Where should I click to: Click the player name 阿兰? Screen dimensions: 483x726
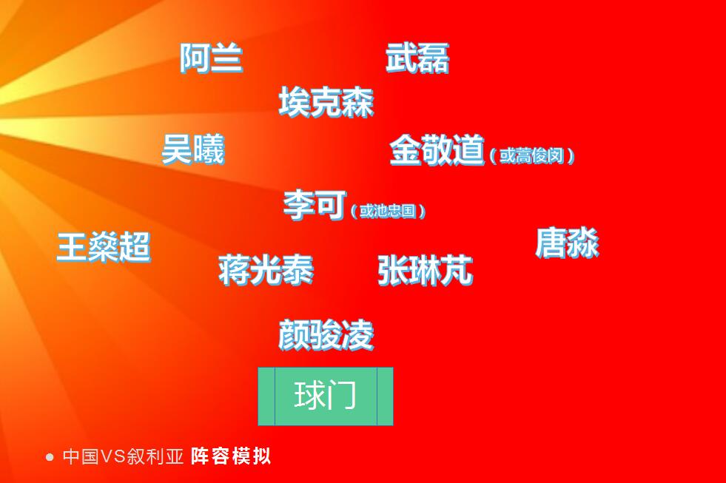tap(211, 58)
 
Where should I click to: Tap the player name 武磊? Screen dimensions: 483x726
tap(417, 58)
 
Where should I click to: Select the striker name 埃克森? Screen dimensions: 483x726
tap(326, 102)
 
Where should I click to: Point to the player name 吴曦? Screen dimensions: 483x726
tap(192, 149)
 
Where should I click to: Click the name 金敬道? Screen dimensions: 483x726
tap(437, 150)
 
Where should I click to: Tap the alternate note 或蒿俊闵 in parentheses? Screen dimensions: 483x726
tap(532, 155)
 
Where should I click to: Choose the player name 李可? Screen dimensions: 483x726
tap(314, 204)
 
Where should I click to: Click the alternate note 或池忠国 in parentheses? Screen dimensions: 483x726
tap(388, 211)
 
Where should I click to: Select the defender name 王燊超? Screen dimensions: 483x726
tap(104, 246)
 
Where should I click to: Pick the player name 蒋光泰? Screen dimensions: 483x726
tap(266, 270)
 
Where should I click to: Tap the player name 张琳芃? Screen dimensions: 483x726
tap(425, 270)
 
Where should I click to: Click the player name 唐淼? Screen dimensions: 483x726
tap(567, 243)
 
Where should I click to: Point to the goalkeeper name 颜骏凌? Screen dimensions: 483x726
tap(326, 335)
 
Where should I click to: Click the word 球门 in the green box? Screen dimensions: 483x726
tap(326, 396)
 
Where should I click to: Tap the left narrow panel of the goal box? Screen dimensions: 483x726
tap(266, 396)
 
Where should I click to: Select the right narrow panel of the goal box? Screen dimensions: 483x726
tap(385, 396)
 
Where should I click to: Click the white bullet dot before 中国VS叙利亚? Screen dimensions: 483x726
tap(50, 457)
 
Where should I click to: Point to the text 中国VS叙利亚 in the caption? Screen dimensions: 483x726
tap(123, 456)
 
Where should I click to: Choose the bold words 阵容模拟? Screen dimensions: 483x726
tap(231, 456)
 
